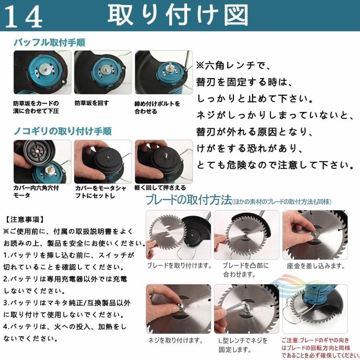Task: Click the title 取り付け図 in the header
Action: [x=178, y=15]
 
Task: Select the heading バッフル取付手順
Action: [x=49, y=43]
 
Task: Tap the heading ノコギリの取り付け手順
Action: [x=62, y=131]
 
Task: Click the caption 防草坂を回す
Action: [x=92, y=103]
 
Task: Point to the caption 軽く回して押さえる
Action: [x=160, y=188]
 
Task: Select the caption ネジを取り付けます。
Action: [x=176, y=340]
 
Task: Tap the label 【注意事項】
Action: [x=24, y=220]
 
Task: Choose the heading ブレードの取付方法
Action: [x=189, y=200]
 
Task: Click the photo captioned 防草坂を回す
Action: [x=103, y=72]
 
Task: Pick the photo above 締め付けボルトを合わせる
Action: [x=164, y=72]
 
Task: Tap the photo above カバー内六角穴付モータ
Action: [x=42, y=162]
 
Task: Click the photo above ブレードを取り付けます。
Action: [x=178, y=235]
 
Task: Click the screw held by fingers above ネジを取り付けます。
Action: [x=181, y=307]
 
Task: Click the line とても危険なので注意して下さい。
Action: [x=275, y=165]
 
